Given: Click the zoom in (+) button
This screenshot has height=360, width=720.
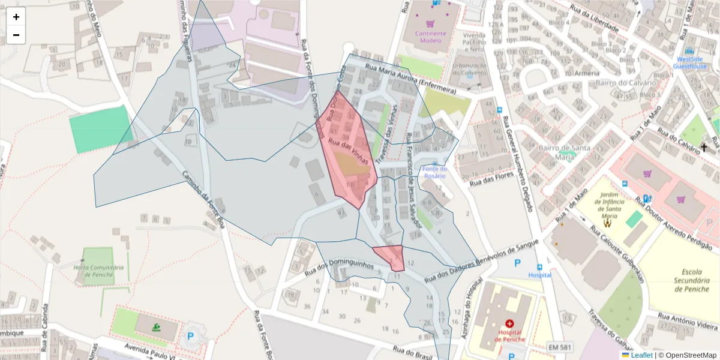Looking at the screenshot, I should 16,17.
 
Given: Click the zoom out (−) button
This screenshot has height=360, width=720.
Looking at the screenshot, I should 16,35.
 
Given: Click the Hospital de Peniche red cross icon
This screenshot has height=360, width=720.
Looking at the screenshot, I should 509,323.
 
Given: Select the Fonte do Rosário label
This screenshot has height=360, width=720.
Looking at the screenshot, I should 435,172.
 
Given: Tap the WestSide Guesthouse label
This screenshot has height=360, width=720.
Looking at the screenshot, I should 689,63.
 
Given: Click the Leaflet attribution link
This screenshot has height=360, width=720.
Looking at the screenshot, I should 641,355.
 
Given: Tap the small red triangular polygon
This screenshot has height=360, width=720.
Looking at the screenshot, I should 391,255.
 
